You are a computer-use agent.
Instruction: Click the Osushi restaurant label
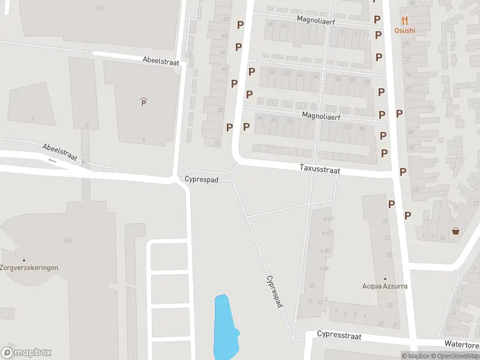(x=404, y=31)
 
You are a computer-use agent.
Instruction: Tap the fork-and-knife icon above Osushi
(x=404, y=20)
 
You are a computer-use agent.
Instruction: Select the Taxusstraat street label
(x=320, y=170)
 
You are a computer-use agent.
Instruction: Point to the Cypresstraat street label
(x=339, y=335)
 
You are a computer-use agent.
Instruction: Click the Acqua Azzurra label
(x=385, y=286)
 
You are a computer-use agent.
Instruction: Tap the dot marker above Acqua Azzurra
(x=385, y=278)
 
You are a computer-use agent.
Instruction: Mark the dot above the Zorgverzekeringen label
(x=24, y=260)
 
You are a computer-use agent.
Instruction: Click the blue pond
(x=224, y=327)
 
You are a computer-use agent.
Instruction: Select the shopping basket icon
(x=455, y=231)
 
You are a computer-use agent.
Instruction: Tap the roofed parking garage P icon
(x=143, y=102)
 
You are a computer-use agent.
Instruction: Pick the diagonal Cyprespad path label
(x=274, y=292)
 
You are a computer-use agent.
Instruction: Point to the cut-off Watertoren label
(x=461, y=344)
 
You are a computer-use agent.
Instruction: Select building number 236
(x=67, y=241)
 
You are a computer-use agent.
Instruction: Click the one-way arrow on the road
(x=52, y=160)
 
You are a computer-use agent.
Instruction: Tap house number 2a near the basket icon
(x=442, y=238)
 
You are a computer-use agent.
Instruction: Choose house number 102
(x=416, y=189)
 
